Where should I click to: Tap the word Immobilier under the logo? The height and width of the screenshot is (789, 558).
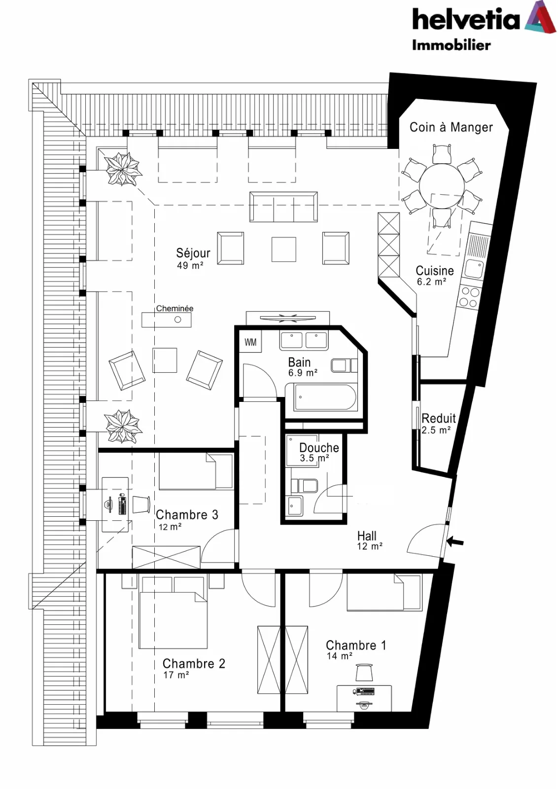452,45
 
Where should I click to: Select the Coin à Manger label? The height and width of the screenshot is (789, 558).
451,127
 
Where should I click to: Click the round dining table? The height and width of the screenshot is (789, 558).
442,185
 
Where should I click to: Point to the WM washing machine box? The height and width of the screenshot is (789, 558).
250,342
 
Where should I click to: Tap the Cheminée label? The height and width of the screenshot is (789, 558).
174,308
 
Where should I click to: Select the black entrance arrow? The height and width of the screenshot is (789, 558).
455,543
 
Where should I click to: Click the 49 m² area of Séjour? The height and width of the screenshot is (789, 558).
190,266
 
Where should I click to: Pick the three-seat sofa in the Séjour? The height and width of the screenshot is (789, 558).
283,207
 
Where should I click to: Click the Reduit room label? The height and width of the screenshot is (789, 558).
438,419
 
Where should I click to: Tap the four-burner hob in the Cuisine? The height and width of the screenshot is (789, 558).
470,297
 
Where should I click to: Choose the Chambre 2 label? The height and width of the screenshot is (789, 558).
194,664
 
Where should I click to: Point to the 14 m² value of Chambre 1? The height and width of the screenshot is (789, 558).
339,656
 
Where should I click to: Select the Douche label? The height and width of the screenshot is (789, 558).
319,448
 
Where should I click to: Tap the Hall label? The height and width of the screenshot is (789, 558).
367,536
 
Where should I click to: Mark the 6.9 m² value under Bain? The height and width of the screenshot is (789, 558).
303,373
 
